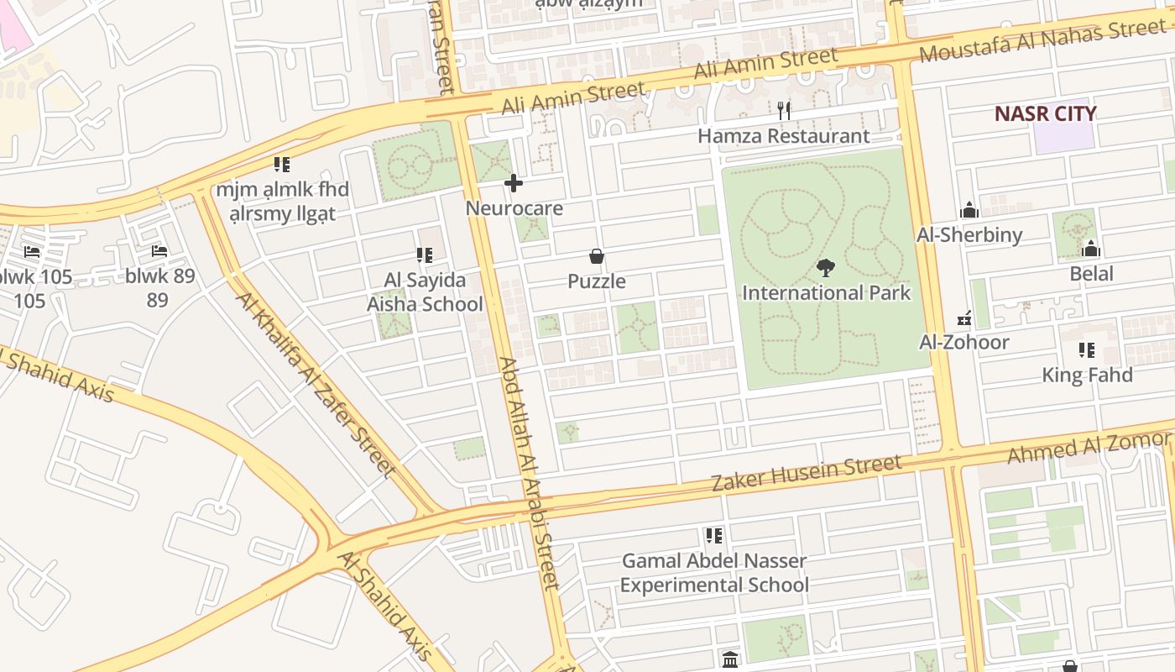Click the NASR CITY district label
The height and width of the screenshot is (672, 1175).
(x=1045, y=113)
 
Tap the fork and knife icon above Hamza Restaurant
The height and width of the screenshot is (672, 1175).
(x=784, y=110)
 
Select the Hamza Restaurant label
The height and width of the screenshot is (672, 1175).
(x=784, y=136)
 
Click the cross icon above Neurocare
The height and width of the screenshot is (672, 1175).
(x=514, y=183)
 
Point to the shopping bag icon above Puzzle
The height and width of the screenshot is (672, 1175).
(x=597, y=256)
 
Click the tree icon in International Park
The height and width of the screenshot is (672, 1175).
(x=826, y=268)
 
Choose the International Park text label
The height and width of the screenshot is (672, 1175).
(x=826, y=293)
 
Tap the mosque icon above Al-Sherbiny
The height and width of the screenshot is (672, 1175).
(x=969, y=209)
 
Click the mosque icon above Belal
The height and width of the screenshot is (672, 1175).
(x=1091, y=249)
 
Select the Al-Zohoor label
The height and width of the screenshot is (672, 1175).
(x=964, y=342)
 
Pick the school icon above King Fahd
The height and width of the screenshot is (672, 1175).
(x=1087, y=350)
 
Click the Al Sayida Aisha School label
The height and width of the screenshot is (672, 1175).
(x=425, y=291)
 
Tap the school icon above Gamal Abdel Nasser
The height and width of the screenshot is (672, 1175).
(x=714, y=535)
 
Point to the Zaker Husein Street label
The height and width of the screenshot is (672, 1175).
(x=806, y=473)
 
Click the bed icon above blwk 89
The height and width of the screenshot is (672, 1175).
(x=159, y=251)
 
